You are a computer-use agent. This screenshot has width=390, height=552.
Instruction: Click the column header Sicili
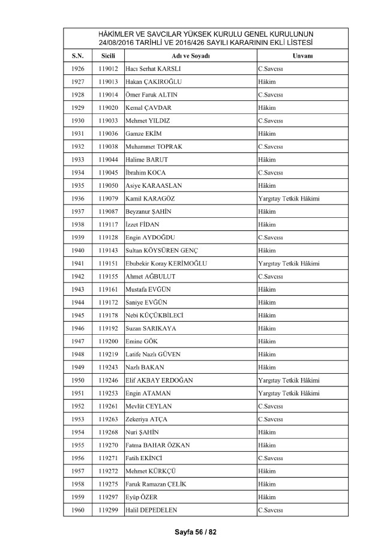click(108, 55)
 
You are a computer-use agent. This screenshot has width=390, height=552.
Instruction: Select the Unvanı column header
click(301, 55)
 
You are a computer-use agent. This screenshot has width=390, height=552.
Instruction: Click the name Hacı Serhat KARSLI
click(153, 68)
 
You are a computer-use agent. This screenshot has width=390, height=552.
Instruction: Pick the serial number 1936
click(78, 198)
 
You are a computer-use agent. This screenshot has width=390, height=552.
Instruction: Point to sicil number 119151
click(108, 263)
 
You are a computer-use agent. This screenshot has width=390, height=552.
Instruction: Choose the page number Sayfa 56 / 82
click(195, 532)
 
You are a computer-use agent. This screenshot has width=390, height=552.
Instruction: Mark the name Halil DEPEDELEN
click(153, 510)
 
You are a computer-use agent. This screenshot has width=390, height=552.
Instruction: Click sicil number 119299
click(108, 510)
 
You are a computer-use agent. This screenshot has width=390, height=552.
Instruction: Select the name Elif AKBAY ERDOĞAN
click(159, 380)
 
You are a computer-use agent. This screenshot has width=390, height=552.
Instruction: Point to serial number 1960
click(78, 510)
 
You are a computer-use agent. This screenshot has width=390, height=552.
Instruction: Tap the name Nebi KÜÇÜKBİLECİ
click(154, 315)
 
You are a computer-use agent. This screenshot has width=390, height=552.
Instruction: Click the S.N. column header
click(78, 55)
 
